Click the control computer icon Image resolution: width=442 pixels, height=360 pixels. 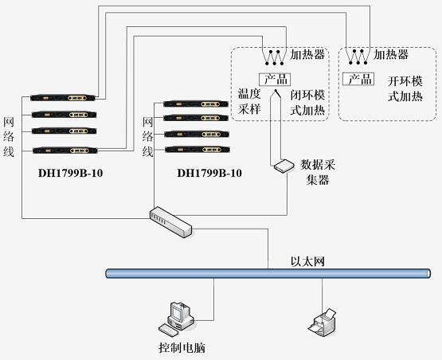(177, 319)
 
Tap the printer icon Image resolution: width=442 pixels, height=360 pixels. (323, 323)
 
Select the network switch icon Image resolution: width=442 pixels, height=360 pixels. (170, 222)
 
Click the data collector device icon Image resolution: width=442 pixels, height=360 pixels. (284, 166)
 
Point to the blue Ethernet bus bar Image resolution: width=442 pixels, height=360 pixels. (268, 273)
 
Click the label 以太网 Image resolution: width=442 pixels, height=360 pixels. (307, 261)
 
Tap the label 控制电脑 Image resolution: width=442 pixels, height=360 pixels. (182, 347)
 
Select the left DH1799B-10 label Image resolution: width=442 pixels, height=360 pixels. (70, 173)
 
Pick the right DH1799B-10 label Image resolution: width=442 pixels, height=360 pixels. (209, 173)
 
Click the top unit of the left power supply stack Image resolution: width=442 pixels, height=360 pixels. (63, 98)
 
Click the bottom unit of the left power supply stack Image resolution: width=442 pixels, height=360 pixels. (65, 151)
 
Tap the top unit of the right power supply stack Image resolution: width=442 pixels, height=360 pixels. (196, 104)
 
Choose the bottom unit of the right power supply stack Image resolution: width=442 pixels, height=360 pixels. (197, 150)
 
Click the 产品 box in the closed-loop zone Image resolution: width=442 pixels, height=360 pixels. (275, 79)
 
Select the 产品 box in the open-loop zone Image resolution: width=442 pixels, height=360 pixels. (358, 79)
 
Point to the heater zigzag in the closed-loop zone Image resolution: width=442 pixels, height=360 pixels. (275, 58)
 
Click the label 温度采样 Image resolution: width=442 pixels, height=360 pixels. (249, 101)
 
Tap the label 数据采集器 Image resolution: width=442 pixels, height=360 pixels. (318, 172)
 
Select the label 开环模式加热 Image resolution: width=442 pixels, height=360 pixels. (405, 88)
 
